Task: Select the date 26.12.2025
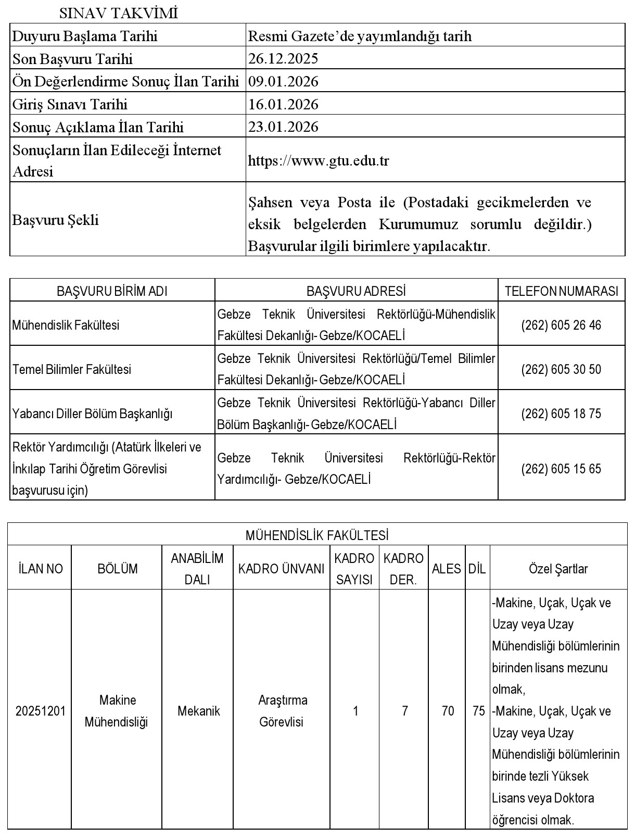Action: pyautogui.click(x=283, y=58)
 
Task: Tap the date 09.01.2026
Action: pyautogui.click(x=283, y=81)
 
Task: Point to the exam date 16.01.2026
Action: pyautogui.click(x=283, y=104)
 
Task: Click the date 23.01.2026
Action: pyautogui.click(x=283, y=127)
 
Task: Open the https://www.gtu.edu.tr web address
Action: pyautogui.click(x=319, y=160)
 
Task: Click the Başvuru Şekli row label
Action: pyautogui.click(x=55, y=220)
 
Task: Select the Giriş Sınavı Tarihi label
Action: pyautogui.click(x=70, y=104)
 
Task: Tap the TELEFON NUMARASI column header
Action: pyautogui.click(x=562, y=291)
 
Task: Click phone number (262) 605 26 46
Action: pyautogui.click(x=561, y=325)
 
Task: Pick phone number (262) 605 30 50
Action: pyautogui.click(x=561, y=369)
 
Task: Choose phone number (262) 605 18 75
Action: pyautogui.click(x=561, y=414)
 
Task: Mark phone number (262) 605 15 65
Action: pyautogui.click(x=561, y=469)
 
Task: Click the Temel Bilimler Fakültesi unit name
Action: pyautogui.click(x=72, y=369)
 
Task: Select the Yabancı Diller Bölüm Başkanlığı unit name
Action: pyautogui.click(x=92, y=414)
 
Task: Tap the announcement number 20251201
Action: pyautogui.click(x=41, y=711)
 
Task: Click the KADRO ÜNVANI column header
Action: pyautogui.click(x=281, y=569)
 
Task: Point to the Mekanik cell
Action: pyautogui.click(x=198, y=711)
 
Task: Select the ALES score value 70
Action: pyautogui.click(x=448, y=711)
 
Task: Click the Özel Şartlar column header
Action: pyautogui.click(x=558, y=569)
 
